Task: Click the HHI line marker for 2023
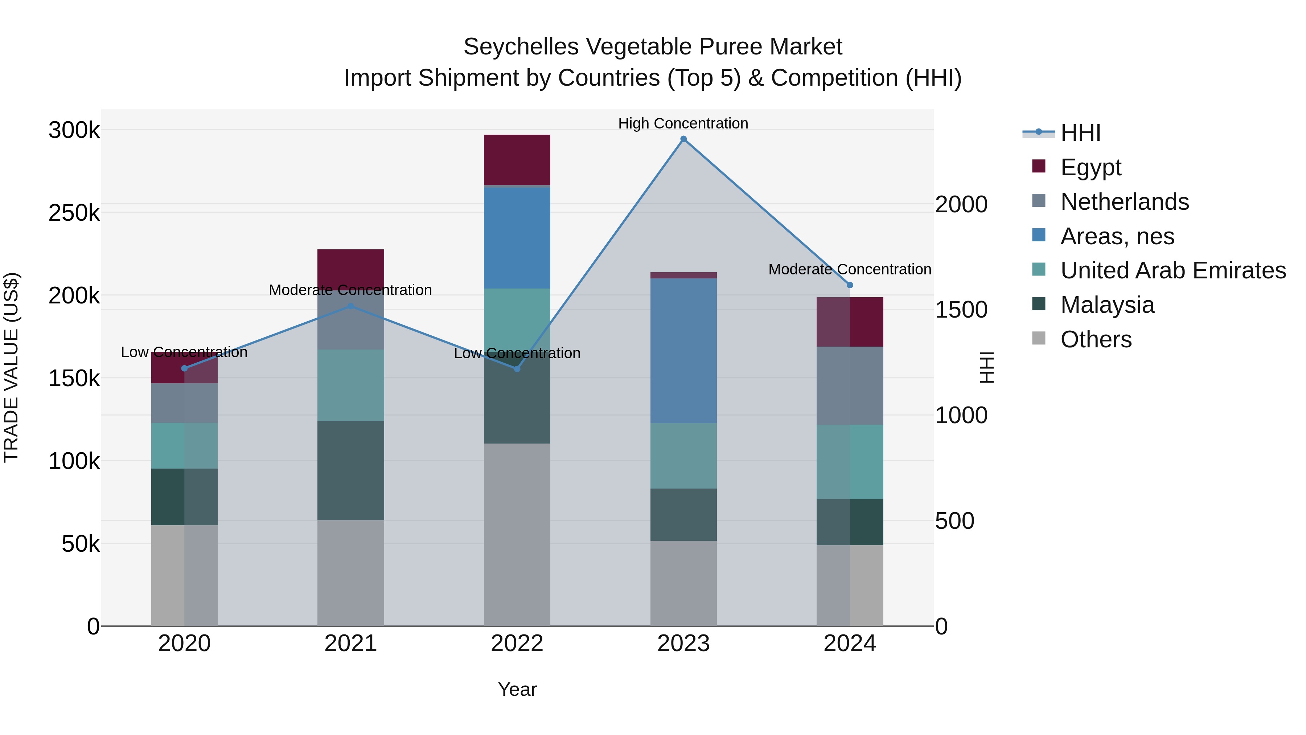point(683,139)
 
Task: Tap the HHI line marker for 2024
point(850,285)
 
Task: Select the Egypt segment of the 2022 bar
point(517,160)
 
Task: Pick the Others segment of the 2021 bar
point(350,573)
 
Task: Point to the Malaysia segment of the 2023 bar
point(683,514)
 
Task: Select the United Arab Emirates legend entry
point(1172,270)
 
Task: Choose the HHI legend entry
point(1080,133)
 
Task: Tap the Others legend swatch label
point(1096,339)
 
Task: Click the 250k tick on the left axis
point(74,213)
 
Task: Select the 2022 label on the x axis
point(517,644)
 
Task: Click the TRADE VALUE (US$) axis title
point(11,367)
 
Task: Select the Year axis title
point(517,689)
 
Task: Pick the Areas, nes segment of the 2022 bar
point(517,238)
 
